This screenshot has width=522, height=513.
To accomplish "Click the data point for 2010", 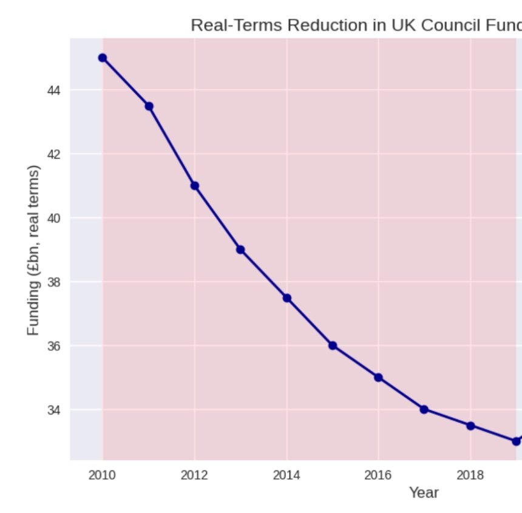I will [x=103, y=58].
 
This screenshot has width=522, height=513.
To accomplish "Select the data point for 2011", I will [x=149, y=106].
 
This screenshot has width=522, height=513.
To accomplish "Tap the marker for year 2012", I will [x=195, y=186].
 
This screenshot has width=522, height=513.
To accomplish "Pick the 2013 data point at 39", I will [x=240, y=250].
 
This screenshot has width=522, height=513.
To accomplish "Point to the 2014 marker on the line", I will [x=286, y=297].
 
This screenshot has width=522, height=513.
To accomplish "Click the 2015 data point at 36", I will [x=333, y=345].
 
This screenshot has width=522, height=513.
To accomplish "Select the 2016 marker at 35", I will [x=378, y=377].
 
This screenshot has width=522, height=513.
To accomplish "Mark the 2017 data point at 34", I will [x=424, y=409].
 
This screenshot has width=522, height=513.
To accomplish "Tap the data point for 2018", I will [x=470, y=426].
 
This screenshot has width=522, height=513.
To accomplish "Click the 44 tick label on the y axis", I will [x=54, y=90].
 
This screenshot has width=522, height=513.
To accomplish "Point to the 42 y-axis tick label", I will [x=54, y=154].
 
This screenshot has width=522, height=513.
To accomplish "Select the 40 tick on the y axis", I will [x=54, y=218].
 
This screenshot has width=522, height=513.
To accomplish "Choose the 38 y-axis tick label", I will [x=54, y=282].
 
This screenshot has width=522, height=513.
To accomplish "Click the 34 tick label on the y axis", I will [x=54, y=410].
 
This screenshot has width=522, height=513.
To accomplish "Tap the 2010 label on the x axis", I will [x=103, y=475].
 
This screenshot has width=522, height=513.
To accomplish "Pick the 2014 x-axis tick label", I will [x=286, y=475].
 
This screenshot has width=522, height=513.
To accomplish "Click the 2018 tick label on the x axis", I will [x=470, y=475].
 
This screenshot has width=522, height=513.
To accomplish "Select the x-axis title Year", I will [x=424, y=492].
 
